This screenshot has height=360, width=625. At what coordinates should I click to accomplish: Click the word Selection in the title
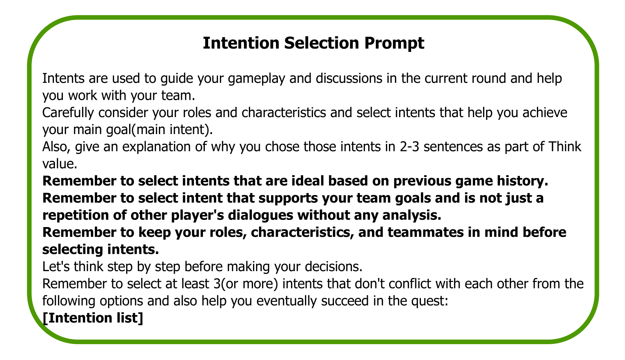[x=322, y=43]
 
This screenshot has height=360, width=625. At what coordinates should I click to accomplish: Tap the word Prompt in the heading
[x=394, y=44]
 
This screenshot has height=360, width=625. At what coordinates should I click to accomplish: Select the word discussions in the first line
[x=349, y=78]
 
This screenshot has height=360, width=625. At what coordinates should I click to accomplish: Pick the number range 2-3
[x=409, y=147]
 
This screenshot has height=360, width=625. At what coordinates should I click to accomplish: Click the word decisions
[x=334, y=267]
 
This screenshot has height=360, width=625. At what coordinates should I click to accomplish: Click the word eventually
[x=287, y=301]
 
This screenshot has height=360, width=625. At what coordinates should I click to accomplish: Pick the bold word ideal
[x=308, y=181]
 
